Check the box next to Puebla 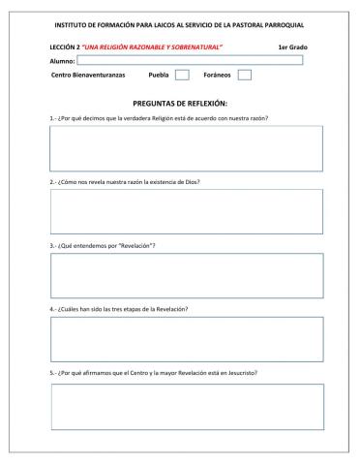(182, 75)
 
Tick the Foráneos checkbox (244, 75)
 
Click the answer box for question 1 (186, 148)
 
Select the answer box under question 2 (186, 211)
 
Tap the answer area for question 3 (186, 275)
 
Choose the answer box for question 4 (186, 338)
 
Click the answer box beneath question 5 (186, 407)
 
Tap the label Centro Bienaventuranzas (85, 75)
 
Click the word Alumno (62, 60)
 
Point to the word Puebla (160, 75)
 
